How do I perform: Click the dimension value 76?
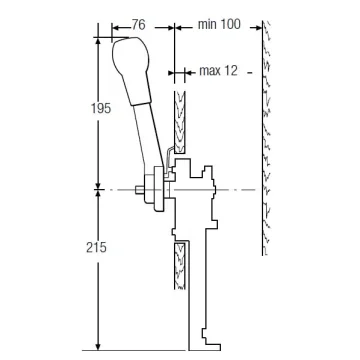tap(139, 25)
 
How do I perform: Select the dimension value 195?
tap(101, 108)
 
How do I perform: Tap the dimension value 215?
tap(96, 247)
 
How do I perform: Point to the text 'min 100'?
tap(219, 24)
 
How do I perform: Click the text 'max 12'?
tap(219, 71)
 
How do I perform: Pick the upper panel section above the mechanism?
tap(180, 122)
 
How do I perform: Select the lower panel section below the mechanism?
tap(180, 266)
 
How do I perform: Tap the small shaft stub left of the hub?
tap(140, 190)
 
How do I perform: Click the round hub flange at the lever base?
tap(159, 189)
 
